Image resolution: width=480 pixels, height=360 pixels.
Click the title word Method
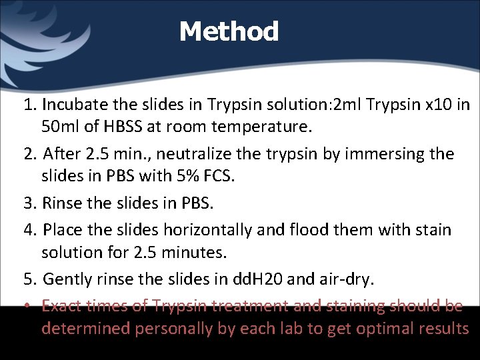click(229, 31)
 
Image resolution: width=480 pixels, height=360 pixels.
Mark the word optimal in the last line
click(376, 328)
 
